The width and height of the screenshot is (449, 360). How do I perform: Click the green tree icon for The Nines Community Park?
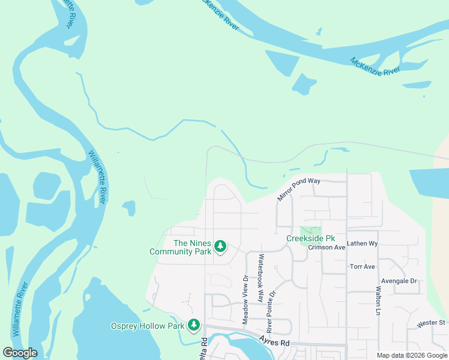220,246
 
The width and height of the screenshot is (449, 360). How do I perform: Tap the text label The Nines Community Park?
181,247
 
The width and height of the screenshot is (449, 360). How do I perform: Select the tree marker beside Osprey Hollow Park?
193,325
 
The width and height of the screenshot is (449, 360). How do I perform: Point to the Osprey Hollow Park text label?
147,326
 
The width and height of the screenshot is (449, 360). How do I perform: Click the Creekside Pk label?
309,238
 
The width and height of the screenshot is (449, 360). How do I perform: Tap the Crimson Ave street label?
327,247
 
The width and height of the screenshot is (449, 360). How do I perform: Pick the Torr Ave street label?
362,266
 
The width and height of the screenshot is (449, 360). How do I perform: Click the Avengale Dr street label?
399,280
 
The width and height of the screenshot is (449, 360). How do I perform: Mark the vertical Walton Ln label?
378,301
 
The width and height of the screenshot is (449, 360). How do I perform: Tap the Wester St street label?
431,323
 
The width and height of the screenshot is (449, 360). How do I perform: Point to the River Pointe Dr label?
270,312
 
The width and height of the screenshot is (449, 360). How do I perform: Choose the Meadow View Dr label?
245,300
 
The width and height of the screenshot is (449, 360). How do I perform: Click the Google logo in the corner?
20,353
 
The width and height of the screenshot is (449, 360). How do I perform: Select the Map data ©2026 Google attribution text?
412,355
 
